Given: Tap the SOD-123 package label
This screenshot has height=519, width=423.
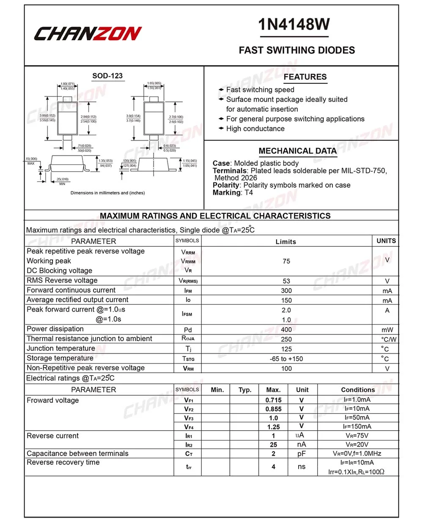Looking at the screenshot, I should [x=107, y=76].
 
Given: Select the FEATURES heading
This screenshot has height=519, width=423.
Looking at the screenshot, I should [x=305, y=77].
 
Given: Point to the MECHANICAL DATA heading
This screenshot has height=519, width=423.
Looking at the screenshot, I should [x=298, y=151].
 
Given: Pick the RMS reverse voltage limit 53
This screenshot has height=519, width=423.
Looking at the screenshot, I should [x=286, y=281].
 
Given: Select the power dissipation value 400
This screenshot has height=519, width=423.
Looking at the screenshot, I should [x=286, y=330].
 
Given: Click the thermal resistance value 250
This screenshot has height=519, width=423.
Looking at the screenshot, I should [x=286, y=339].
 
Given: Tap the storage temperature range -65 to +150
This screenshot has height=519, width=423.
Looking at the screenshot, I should [x=286, y=359].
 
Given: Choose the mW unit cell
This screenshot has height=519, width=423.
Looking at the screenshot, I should [x=387, y=330].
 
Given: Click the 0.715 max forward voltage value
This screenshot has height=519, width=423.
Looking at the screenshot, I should [x=273, y=400].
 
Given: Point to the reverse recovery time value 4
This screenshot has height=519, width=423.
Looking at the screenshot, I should [x=274, y=467].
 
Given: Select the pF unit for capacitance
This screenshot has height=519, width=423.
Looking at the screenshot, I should [x=302, y=453].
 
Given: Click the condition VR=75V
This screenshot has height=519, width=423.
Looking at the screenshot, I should [x=357, y=436].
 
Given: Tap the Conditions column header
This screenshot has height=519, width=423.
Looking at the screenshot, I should [x=358, y=390].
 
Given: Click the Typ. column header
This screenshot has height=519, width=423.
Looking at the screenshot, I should [x=245, y=390].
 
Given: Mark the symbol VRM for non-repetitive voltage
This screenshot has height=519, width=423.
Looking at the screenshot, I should [x=188, y=369].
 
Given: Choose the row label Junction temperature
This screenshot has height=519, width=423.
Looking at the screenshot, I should [x=61, y=349].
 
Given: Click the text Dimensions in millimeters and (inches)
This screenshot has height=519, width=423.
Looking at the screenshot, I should [x=107, y=193].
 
